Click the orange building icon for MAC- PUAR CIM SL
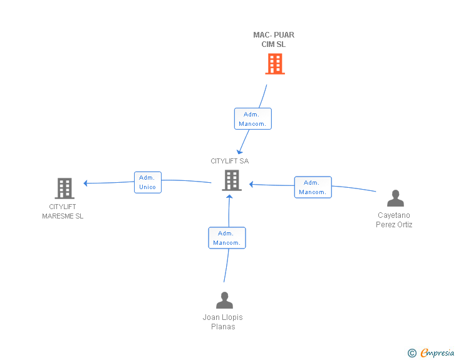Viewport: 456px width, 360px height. click(x=275, y=64)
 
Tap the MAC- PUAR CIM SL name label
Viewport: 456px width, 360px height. click(x=274, y=39)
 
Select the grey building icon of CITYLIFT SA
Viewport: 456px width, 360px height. click(x=231, y=180)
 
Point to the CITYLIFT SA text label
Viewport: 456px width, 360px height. click(x=229, y=161)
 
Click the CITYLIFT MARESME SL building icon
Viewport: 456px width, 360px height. click(x=65, y=188)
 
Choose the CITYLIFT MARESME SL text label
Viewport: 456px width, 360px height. click(x=63, y=211)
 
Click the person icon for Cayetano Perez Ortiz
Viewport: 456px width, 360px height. click(x=395, y=198)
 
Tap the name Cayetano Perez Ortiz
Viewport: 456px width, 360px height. click(x=395, y=220)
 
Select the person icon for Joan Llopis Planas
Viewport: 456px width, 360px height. click(x=224, y=301)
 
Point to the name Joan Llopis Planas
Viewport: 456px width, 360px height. click(x=222, y=322)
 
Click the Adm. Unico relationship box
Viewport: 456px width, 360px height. click(x=148, y=182)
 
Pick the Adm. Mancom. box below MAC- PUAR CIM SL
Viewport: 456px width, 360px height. click(x=252, y=119)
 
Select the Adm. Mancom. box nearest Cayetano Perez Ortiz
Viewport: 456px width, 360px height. click(x=313, y=187)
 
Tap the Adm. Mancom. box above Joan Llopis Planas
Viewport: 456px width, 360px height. click(x=226, y=238)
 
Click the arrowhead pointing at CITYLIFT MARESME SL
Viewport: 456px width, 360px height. click(x=86, y=183)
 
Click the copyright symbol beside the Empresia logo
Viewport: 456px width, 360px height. click(x=412, y=354)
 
